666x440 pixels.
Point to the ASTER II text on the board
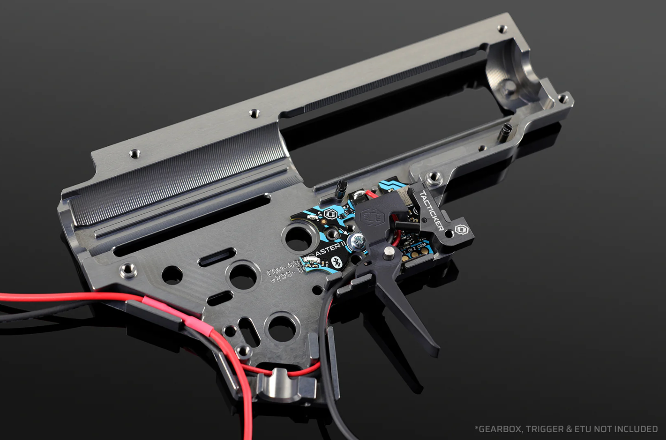click(x=321, y=252)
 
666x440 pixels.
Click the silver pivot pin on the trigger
click(x=389, y=251)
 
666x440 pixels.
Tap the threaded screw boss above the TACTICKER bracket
click(x=431, y=177)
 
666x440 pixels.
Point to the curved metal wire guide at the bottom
click(x=277, y=382)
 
